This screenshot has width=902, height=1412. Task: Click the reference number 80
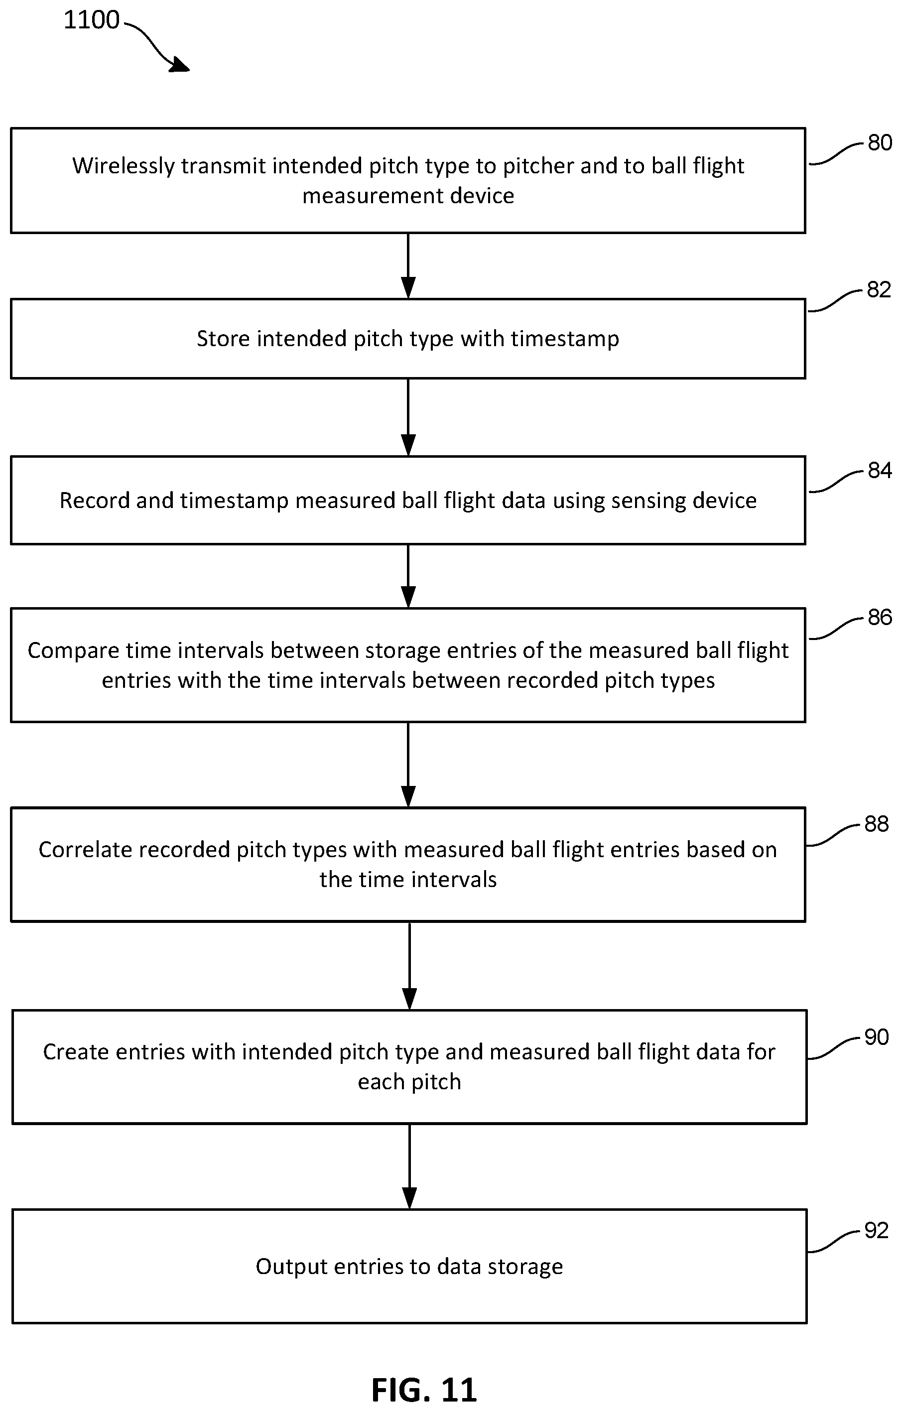point(880,143)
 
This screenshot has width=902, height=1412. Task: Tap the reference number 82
point(879,290)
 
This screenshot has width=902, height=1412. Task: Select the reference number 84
point(880,470)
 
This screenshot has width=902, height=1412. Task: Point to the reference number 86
point(880,617)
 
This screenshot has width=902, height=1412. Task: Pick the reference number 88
point(877,824)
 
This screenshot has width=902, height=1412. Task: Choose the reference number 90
point(877,1037)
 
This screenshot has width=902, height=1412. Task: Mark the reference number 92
point(877,1230)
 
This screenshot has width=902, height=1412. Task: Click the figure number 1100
point(92,20)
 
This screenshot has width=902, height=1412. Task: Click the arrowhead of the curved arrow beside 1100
point(180,66)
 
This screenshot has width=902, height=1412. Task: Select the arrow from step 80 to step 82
point(408,265)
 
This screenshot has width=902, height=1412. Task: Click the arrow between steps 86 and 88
point(408,765)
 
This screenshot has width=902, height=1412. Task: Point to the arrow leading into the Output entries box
point(409,1166)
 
